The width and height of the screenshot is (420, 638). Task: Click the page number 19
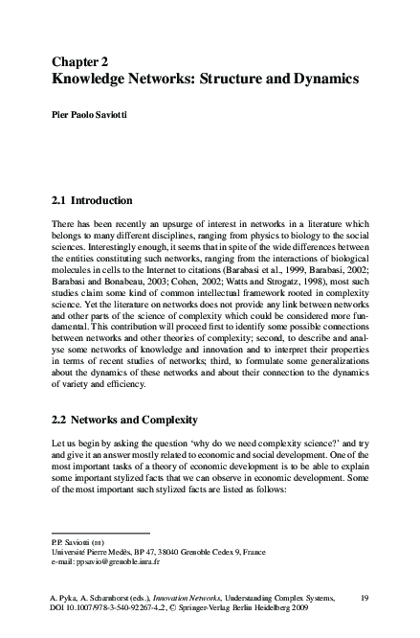(365, 598)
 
